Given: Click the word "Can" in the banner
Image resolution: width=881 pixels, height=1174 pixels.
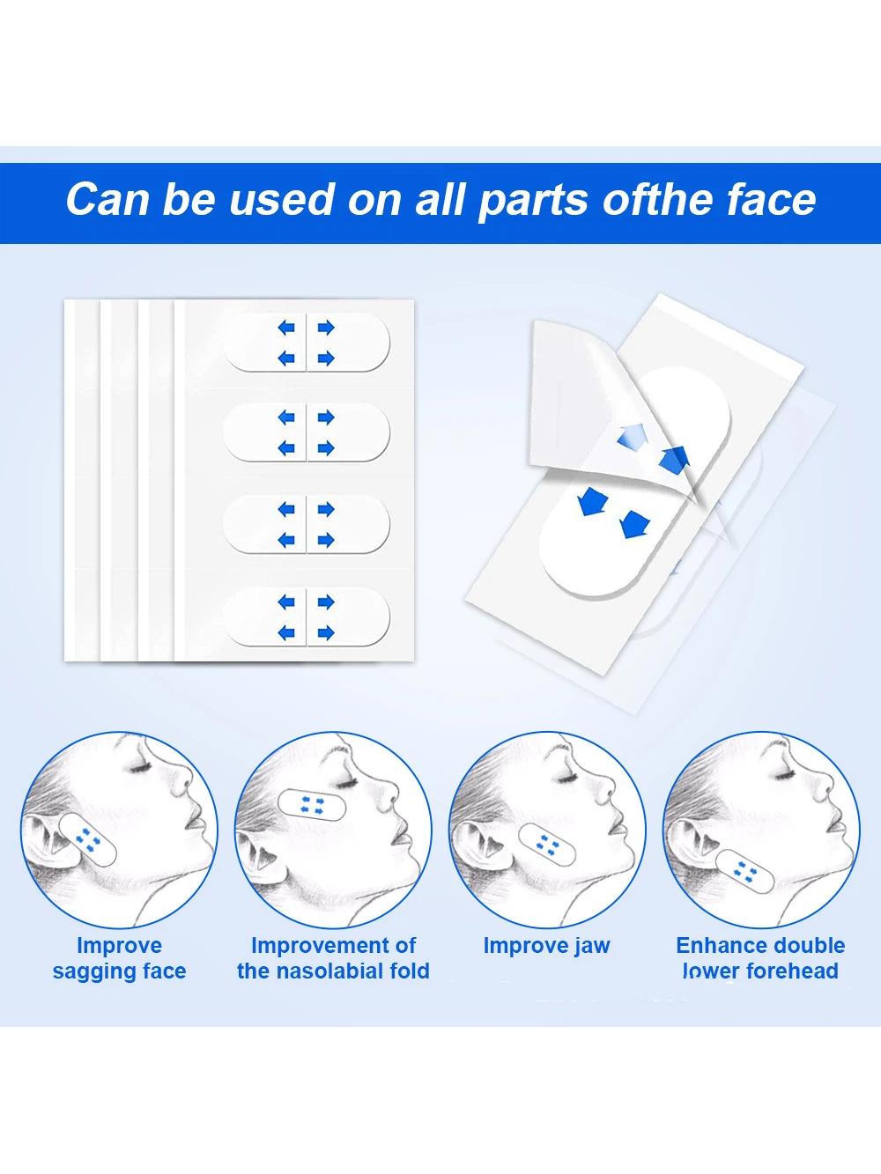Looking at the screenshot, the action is [x=107, y=199].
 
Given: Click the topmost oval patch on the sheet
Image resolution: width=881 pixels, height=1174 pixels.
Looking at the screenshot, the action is [x=307, y=343].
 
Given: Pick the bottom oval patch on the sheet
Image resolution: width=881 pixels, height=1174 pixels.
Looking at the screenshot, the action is [x=307, y=617].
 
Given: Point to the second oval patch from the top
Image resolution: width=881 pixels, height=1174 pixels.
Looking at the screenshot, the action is [x=307, y=432].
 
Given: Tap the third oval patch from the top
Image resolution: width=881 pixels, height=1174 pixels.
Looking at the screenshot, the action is [x=307, y=524].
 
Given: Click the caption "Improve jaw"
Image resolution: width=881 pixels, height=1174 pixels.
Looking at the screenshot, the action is [x=546, y=946].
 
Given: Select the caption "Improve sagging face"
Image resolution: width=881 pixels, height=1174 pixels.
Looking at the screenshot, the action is [x=119, y=958].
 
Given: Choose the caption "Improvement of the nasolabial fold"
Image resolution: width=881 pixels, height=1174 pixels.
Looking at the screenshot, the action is [x=333, y=958].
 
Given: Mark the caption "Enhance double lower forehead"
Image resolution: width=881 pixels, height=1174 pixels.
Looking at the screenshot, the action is [x=760, y=958].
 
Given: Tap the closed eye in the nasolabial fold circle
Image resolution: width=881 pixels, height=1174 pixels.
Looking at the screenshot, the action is [x=346, y=783].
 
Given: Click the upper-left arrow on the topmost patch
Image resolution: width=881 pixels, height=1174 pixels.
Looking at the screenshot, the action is [x=286, y=328].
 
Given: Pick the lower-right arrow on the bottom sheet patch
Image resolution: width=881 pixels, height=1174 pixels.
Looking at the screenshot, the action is [x=326, y=633].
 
